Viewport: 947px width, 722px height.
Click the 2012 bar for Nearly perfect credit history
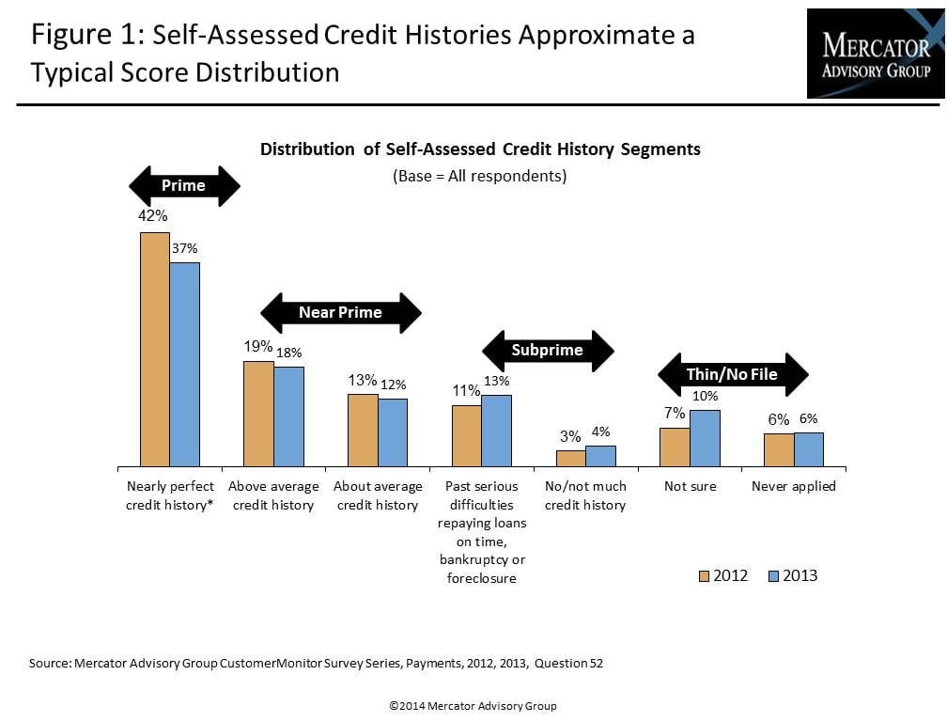155,349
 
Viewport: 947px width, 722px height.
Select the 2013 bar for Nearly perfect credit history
185,364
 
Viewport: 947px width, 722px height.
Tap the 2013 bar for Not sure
705,438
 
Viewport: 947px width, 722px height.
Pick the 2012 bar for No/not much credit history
570,458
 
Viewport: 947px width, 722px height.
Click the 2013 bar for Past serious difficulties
497,431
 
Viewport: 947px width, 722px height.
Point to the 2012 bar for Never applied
779,449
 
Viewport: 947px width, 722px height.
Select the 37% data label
185,248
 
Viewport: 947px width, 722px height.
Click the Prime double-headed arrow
184,185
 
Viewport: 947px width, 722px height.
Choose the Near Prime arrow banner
340,312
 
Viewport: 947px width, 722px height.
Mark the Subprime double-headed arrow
547,351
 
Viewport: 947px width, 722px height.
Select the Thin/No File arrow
732,374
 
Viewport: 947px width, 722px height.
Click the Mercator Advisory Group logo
876,54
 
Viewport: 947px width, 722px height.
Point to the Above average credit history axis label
272,495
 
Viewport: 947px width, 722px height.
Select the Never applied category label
793,486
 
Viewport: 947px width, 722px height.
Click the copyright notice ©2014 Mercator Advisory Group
473,705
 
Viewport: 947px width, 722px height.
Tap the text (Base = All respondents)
479,176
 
